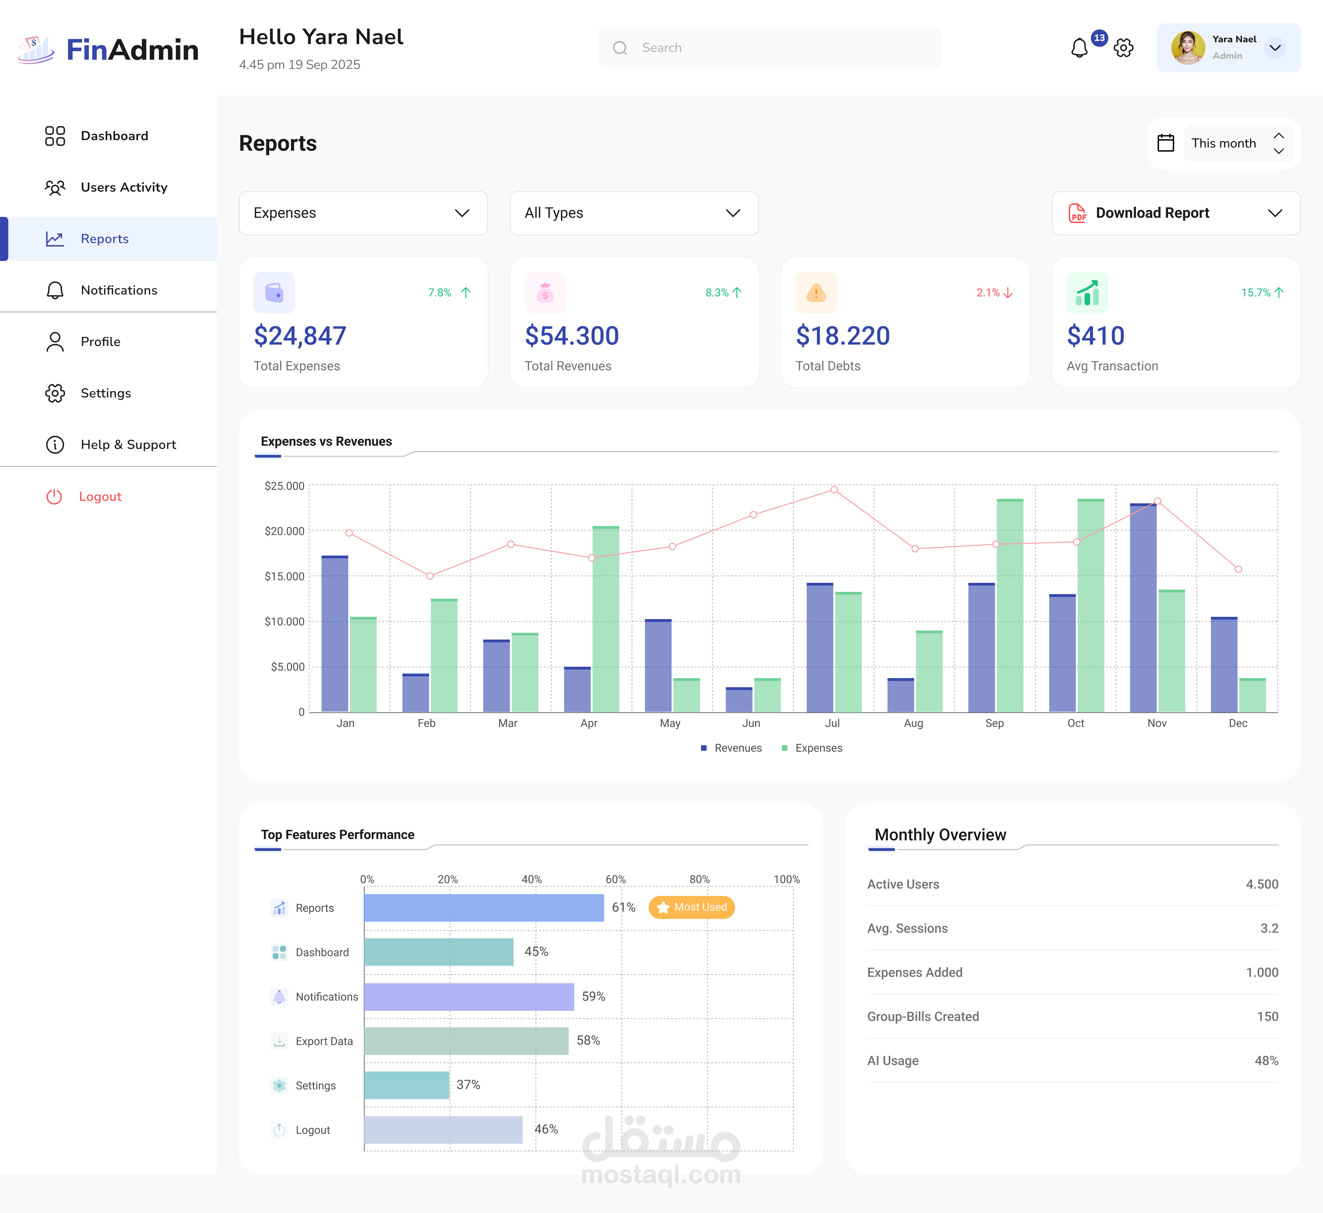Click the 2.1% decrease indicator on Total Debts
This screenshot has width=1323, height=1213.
(994, 293)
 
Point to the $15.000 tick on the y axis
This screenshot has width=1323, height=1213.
(284, 576)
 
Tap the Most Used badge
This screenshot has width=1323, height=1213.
(692, 907)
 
